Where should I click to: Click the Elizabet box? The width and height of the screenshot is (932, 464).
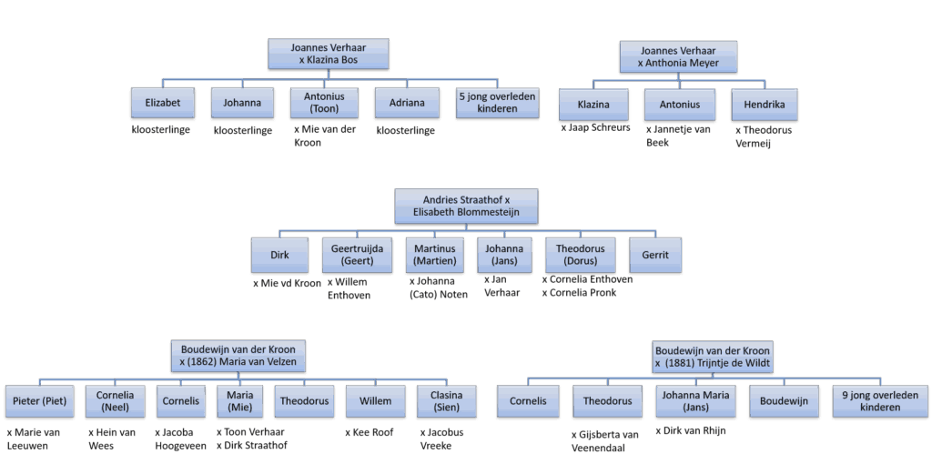[x=162, y=103]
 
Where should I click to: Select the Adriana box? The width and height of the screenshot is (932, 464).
[x=406, y=103]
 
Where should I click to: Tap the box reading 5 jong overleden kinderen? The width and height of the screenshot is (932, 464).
[x=497, y=103]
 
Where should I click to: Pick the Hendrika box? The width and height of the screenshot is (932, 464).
[x=764, y=105]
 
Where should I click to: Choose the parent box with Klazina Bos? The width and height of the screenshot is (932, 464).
[x=329, y=53]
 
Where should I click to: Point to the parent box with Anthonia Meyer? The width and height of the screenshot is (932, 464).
[x=678, y=56]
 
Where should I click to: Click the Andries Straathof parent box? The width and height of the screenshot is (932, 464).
[x=467, y=207]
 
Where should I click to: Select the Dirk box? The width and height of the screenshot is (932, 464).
[x=279, y=255]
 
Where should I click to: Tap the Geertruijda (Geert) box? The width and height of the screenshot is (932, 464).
[x=356, y=255]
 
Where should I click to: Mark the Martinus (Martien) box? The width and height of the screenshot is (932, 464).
[x=436, y=255]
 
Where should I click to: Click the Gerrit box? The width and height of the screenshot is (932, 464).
[x=654, y=255]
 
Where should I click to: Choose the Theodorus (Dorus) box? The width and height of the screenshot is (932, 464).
[x=581, y=255]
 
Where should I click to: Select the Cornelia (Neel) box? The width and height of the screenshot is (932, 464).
[x=115, y=401]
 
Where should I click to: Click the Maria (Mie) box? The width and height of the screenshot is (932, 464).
[x=239, y=401]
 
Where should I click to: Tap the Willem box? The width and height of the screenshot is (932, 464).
[x=375, y=401]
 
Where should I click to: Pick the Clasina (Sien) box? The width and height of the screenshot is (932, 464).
[x=447, y=401]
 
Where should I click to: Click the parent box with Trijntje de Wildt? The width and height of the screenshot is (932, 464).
[x=712, y=357]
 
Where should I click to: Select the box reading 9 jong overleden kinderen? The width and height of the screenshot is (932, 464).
[x=879, y=401]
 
